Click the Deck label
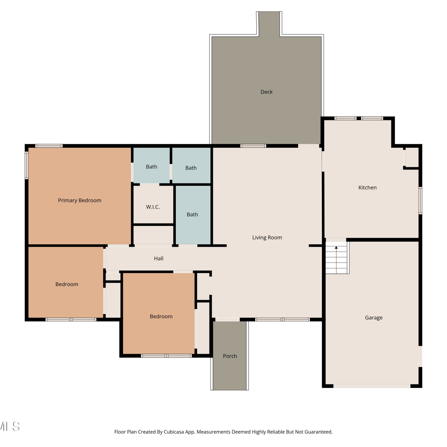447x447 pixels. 266,92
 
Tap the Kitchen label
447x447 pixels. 367,187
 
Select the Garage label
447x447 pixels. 374,318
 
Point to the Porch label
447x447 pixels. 230,356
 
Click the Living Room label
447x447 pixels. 267,238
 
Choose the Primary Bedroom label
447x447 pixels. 80,201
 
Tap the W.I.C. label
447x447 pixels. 153,207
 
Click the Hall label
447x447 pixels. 159,258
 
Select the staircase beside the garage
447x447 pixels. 336,257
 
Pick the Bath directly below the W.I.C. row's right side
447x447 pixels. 192,215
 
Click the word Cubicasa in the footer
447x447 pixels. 174,432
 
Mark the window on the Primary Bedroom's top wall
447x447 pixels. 49,146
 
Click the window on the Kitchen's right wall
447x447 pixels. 420,200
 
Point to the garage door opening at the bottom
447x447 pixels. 372,386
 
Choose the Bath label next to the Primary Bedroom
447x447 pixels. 151,167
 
